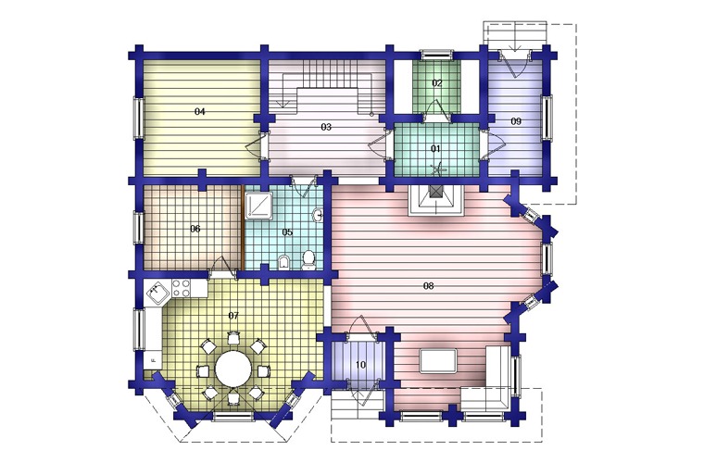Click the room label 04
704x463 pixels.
200,111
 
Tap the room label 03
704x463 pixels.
326,128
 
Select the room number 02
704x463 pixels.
437,83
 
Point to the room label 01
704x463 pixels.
435,148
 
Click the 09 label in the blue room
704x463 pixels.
516,121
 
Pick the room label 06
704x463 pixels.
195,229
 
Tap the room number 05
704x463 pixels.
287,231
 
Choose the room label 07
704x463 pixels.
233,316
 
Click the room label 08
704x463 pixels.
428,286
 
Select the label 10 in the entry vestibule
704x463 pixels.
360,365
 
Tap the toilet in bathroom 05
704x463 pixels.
308,260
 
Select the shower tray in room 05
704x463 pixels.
259,206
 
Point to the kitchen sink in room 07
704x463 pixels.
157,293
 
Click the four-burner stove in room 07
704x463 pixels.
181,288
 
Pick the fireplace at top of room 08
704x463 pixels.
435,201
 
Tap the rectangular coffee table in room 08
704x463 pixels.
439,361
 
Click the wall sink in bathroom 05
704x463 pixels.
319,215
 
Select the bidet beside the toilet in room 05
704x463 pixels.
283,262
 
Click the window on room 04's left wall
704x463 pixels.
137,117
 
